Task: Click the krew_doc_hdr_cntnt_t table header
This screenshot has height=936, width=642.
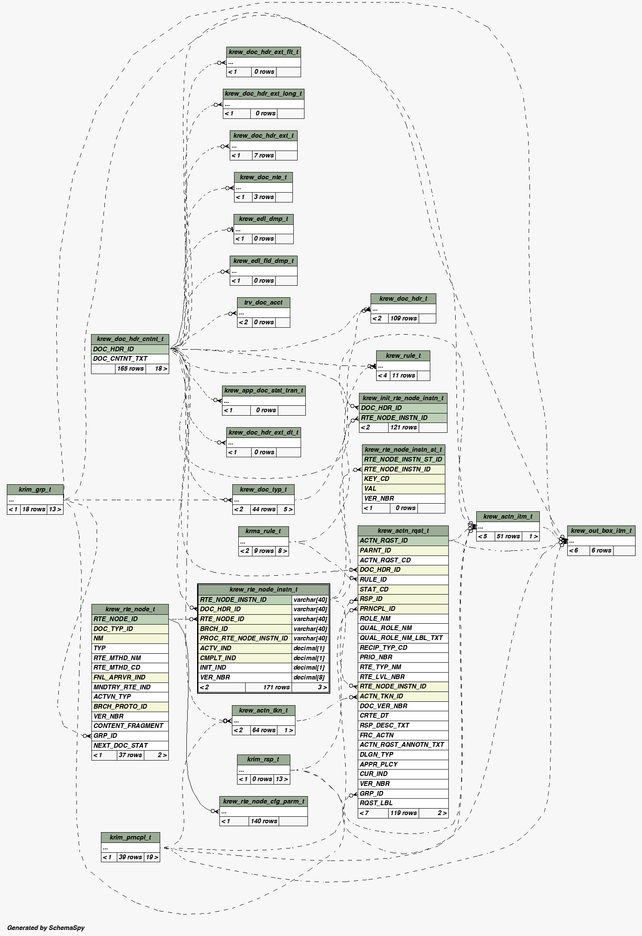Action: click(x=130, y=339)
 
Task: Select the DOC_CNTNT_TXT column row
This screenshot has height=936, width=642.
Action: click(x=130, y=359)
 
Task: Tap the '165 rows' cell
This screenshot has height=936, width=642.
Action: click(x=130, y=368)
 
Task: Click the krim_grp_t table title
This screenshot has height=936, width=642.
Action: click(x=35, y=489)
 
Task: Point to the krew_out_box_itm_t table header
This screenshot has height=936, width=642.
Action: click(x=601, y=531)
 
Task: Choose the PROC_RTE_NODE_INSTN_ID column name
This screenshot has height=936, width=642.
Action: click(x=244, y=638)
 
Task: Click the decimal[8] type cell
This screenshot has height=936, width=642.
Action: click(x=310, y=677)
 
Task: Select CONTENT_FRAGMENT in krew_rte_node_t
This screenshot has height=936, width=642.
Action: click(x=128, y=726)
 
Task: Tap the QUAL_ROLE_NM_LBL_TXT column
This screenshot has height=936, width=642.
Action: click(x=401, y=638)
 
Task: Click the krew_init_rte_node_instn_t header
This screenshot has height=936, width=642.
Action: click(x=403, y=398)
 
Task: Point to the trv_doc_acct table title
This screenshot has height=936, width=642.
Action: click(x=263, y=302)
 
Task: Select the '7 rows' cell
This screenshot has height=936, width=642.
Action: click(x=264, y=155)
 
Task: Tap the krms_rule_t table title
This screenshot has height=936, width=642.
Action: click(x=263, y=531)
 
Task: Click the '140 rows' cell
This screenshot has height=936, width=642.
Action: click(x=264, y=821)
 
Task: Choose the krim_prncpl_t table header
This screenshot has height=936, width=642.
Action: click(x=130, y=837)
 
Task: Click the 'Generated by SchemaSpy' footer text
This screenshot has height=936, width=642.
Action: click(x=46, y=927)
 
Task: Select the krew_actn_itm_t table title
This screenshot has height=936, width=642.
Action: click(x=508, y=516)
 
